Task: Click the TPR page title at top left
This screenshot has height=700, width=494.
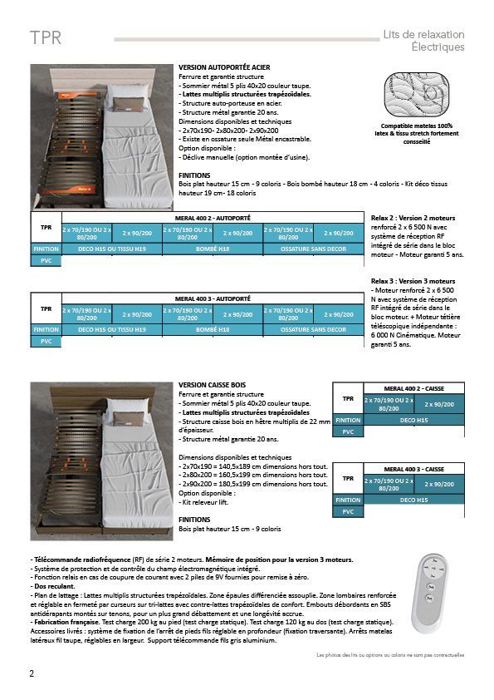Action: [x=45, y=39]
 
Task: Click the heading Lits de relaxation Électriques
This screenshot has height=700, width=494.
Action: [x=423, y=41]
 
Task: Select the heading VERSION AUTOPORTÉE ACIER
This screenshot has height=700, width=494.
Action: [x=223, y=67]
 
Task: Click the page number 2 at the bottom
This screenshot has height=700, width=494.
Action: [x=32, y=673]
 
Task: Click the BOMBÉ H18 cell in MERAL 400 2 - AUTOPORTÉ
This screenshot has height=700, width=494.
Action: [x=213, y=249]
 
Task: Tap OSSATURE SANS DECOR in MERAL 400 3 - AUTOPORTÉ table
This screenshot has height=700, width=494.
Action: [x=312, y=329]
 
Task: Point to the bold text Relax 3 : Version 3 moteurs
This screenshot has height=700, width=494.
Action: [x=413, y=281]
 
